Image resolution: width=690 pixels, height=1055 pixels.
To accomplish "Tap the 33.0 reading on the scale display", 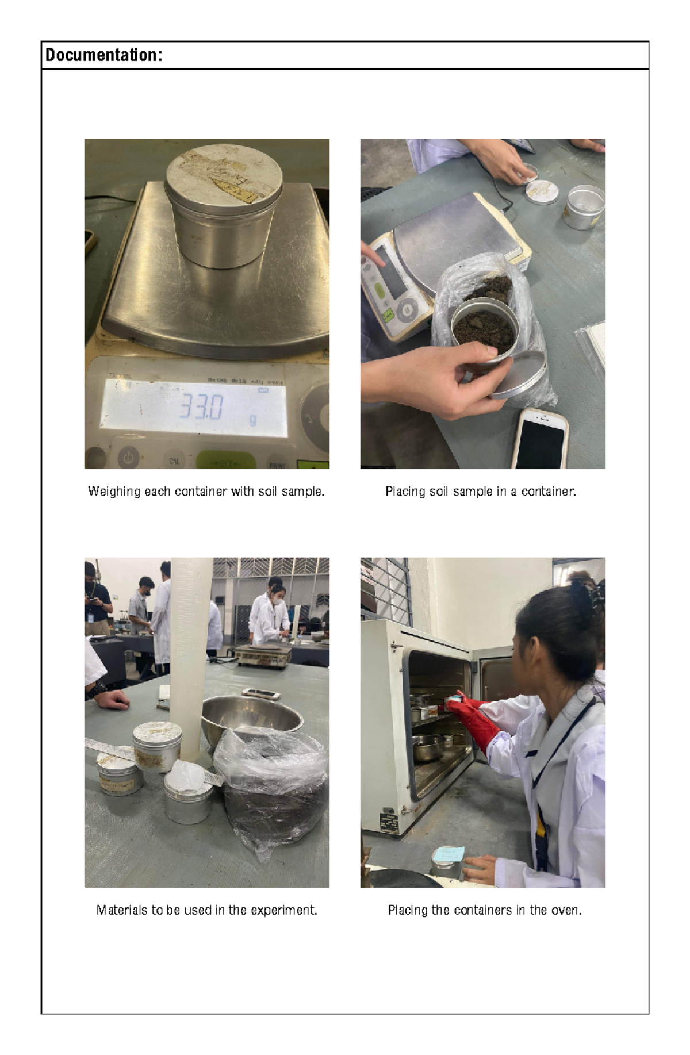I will coord(201,407).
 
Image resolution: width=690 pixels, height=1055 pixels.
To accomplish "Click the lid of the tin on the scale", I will coord(224,171).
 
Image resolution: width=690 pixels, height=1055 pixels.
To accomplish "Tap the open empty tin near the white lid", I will coord(584,207).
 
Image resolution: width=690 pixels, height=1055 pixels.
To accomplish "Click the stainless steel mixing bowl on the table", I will coord(252,719).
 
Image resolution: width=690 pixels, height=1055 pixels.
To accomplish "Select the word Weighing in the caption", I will coord(114,492).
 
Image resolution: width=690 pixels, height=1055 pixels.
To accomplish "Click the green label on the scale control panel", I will coord(388,314).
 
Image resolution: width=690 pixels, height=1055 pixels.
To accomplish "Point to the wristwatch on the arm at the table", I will coord(98,688).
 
